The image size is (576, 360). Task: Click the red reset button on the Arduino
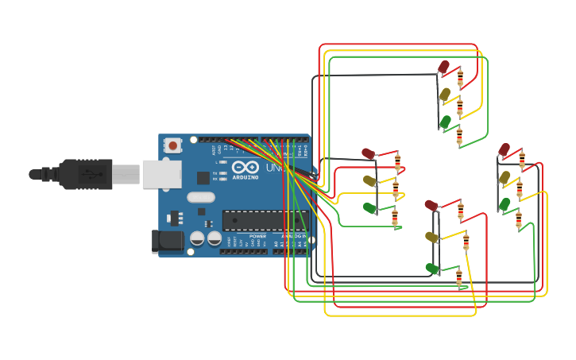click(172, 145)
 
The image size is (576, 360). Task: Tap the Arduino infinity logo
click(245, 167)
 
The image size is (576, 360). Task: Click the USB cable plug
click(87, 173)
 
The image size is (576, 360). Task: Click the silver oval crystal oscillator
click(201, 198)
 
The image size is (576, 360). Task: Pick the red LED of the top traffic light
click(444, 67)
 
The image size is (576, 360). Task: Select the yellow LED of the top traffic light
click(445, 95)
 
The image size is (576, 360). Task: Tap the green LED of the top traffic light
click(445, 122)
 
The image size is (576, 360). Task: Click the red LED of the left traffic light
click(368, 153)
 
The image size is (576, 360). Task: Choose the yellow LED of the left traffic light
click(369, 180)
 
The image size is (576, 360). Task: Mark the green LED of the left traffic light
click(369, 207)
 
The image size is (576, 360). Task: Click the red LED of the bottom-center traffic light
click(431, 206)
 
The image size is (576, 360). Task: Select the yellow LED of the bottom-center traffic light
click(431, 237)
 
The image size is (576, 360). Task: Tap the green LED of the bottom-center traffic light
click(431, 269)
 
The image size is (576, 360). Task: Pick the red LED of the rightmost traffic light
click(504, 149)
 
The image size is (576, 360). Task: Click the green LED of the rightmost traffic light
click(504, 204)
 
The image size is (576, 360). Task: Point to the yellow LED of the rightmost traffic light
click(504, 177)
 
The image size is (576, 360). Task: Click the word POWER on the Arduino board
click(257, 236)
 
